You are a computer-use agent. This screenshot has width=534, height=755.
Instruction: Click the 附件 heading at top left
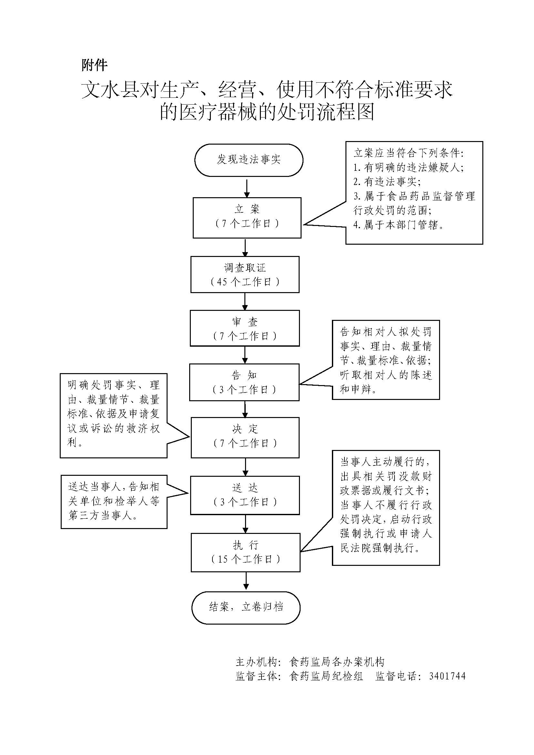(94, 65)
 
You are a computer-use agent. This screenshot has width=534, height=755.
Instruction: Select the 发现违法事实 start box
(249, 160)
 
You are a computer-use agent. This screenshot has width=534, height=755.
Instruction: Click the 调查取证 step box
(245, 275)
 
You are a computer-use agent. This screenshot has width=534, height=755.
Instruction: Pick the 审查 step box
(245, 328)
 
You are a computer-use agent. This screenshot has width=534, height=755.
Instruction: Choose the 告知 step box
(244, 382)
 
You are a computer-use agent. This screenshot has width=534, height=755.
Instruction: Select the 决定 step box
(245, 437)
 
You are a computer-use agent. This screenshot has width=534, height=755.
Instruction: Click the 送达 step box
(245, 495)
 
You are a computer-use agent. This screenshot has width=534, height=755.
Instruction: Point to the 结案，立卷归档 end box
(246, 607)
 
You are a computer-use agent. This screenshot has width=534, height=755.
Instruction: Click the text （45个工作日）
(245, 282)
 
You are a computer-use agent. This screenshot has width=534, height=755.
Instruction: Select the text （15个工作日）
(246, 559)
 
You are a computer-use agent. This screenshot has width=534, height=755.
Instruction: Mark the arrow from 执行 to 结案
(246, 581)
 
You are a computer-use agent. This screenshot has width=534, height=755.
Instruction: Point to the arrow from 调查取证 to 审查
(245, 301)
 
